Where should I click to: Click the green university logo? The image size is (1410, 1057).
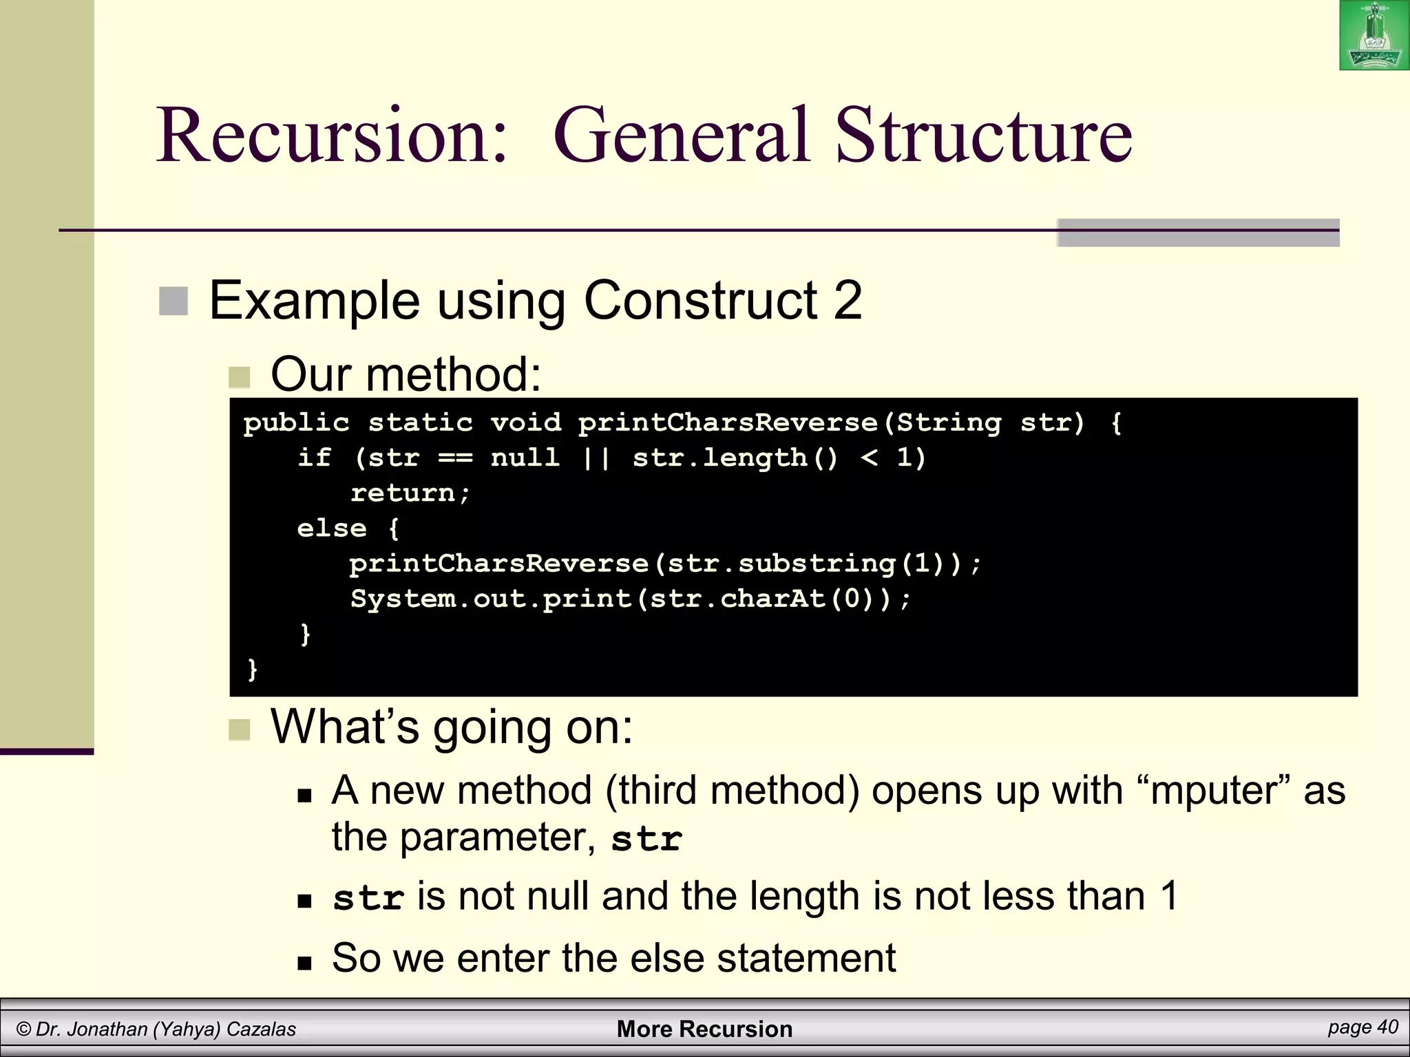tap(1374, 35)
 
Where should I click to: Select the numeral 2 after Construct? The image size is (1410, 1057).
tap(848, 300)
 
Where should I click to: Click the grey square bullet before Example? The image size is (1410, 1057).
tap(173, 301)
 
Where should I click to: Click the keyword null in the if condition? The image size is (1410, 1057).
tap(525, 457)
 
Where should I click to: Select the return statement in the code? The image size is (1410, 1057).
tap(410, 493)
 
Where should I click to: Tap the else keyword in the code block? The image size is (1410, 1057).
tap(331, 528)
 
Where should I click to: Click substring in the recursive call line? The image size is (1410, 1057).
tap(816, 564)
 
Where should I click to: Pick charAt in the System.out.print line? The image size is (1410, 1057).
tap(772, 599)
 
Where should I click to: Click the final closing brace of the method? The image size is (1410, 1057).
tap(252, 669)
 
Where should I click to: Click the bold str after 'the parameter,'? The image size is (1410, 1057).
tap(646, 839)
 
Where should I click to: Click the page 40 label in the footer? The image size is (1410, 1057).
tap(1362, 1027)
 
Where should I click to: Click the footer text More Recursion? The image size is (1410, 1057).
tap(704, 1029)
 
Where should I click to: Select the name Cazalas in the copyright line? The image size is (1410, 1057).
tap(261, 1029)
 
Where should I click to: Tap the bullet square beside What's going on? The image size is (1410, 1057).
tap(240, 729)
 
